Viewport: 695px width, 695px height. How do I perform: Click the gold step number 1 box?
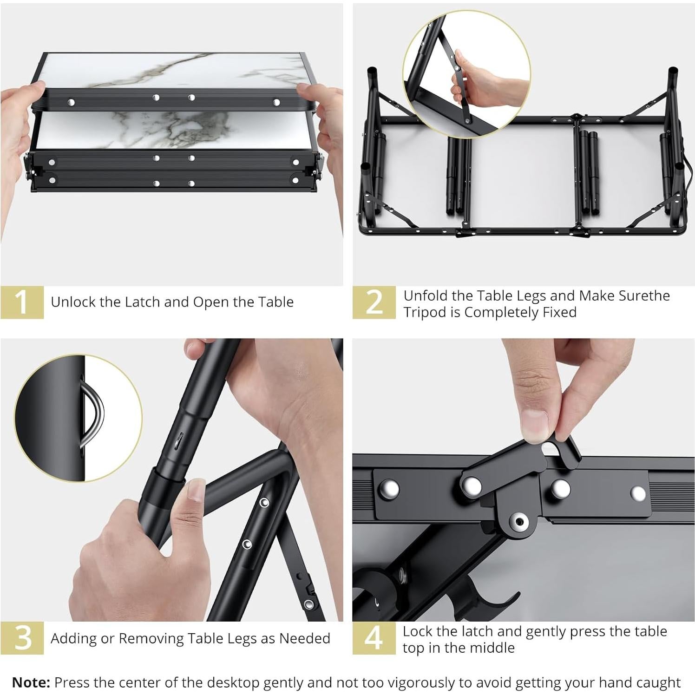point(22,302)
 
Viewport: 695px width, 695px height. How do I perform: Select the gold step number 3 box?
point(22,638)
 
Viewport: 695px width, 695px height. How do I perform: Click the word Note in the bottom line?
point(31,682)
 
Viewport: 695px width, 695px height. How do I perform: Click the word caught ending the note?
point(661,683)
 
